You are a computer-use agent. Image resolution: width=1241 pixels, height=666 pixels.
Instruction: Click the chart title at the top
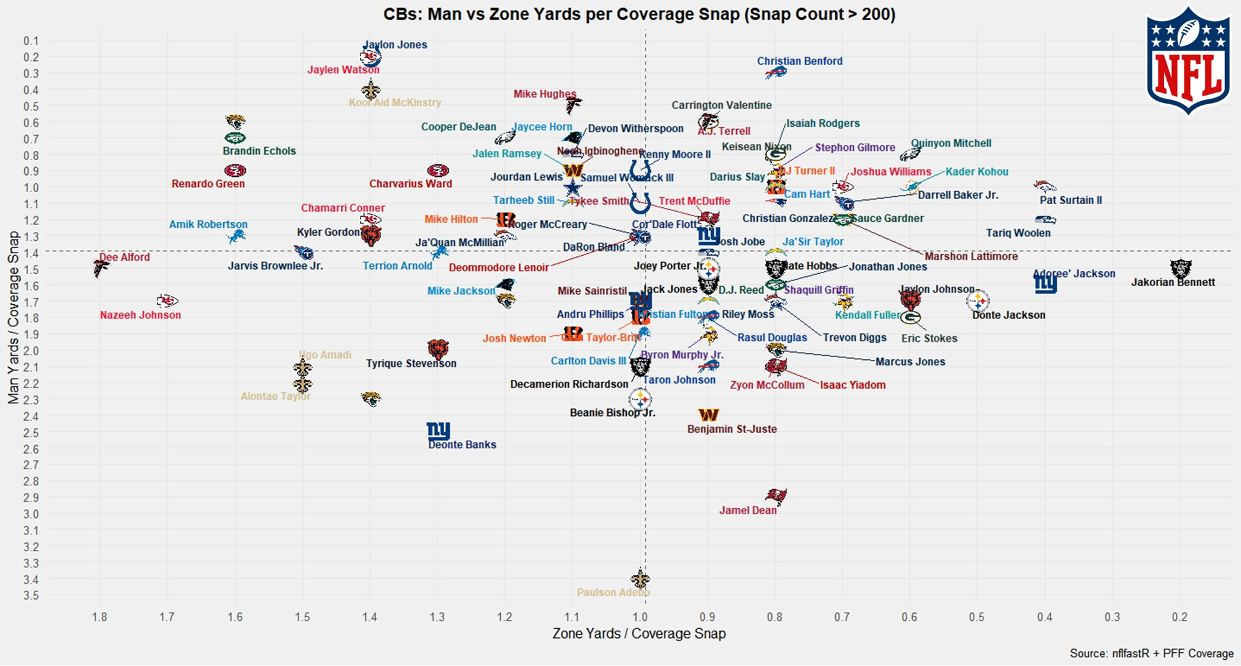tap(639, 14)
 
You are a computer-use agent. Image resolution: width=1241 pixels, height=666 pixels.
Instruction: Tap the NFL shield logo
tap(1188, 61)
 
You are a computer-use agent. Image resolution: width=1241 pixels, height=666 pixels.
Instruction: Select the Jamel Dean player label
tap(748, 510)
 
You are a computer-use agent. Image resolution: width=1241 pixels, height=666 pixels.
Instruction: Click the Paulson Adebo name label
tap(613, 592)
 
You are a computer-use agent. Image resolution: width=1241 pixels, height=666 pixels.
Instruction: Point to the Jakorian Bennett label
tap(1173, 282)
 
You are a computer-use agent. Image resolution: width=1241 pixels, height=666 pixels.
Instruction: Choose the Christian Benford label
tap(799, 61)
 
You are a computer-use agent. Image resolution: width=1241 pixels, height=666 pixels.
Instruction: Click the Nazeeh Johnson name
tap(140, 315)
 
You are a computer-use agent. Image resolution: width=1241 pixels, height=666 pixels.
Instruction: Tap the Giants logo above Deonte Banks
tap(438, 430)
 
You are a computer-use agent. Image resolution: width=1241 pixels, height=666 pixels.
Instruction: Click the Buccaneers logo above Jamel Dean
tap(775, 495)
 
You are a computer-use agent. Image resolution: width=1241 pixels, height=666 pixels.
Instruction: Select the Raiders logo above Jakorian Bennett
tap(1180, 268)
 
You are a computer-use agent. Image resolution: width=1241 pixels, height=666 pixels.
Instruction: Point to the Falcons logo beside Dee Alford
tap(101, 268)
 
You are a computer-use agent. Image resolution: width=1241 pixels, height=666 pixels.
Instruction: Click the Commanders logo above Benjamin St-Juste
tap(708, 415)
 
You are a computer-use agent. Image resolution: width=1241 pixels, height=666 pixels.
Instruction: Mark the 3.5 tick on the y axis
tap(30, 595)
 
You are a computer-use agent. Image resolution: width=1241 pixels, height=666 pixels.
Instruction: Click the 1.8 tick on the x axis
tap(99, 617)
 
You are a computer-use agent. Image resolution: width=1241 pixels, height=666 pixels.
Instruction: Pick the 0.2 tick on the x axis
tap(1180, 617)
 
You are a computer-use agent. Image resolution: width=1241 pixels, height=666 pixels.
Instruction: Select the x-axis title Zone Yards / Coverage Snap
tap(638, 634)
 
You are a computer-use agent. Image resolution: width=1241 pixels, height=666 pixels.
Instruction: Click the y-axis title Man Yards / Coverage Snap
tap(14, 318)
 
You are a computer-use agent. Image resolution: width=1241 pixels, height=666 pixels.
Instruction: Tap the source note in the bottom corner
tap(1151, 654)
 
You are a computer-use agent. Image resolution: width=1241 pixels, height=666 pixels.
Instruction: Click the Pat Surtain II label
tap(1070, 200)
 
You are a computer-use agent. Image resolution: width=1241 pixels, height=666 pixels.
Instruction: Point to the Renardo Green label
tap(208, 184)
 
